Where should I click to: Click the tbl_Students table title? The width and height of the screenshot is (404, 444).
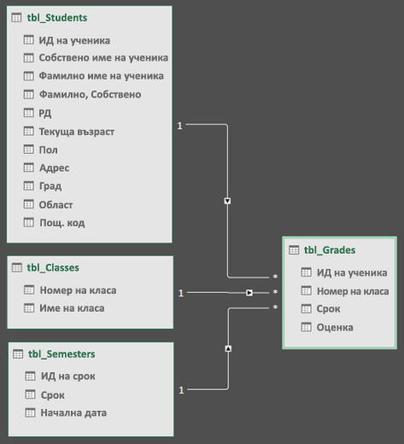(x=57, y=18)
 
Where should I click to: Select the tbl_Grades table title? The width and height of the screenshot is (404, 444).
(x=330, y=250)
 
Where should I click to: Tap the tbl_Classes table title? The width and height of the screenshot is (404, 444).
(x=53, y=267)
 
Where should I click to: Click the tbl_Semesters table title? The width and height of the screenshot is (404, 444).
(x=61, y=354)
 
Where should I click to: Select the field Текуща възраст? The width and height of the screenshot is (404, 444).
(x=77, y=131)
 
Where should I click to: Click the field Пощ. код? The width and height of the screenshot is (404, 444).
(x=62, y=223)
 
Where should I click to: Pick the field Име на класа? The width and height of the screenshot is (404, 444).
(x=72, y=308)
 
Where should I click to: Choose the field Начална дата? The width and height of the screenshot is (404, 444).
(x=73, y=412)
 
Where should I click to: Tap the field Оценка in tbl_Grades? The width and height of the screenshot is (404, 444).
(x=335, y=327)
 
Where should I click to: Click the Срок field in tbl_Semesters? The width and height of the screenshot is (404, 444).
(x=53, y=395)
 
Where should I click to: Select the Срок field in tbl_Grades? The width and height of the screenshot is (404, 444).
(x=328, y=309)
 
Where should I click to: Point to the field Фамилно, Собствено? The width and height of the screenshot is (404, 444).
(x=90, y=94)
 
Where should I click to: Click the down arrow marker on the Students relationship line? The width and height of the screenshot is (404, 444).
(x=227, y=201)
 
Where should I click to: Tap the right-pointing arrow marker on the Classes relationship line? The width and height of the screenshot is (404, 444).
(x=249, y=293)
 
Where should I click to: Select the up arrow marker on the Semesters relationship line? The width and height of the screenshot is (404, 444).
(x=228, y=348)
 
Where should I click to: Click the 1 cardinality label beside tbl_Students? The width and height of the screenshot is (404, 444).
(x=179, y=126)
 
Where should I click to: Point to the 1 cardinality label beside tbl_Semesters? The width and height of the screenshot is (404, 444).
(x=181, y=390)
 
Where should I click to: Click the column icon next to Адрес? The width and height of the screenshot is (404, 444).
(x=28, y=167)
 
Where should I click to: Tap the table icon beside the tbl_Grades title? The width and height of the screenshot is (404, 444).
(x=294, y=250)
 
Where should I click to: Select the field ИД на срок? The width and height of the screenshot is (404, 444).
(x=68, y=377)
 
